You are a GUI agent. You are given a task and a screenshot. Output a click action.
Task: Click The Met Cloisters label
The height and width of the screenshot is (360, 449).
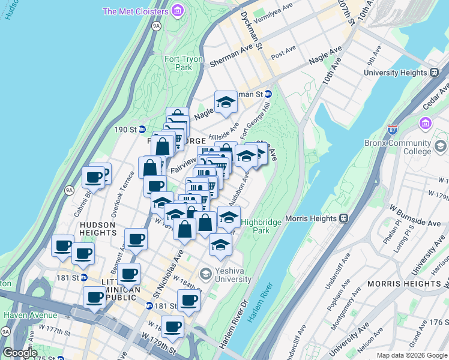135,11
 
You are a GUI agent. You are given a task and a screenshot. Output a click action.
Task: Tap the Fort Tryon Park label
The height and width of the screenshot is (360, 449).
184,63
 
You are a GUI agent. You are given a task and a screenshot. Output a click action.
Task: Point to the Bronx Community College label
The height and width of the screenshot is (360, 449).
397,148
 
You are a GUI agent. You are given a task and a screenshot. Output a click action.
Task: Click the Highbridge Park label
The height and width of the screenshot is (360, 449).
261,226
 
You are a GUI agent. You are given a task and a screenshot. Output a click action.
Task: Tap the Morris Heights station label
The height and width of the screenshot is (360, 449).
312,218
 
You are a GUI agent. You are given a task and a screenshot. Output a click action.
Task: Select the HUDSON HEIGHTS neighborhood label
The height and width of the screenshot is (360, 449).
97,229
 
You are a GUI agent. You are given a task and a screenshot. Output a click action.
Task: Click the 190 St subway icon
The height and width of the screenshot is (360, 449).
142,129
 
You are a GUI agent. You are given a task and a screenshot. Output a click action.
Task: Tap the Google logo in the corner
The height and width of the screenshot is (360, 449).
20,353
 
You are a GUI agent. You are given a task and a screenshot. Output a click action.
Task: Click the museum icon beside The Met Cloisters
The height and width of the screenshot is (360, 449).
177,11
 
